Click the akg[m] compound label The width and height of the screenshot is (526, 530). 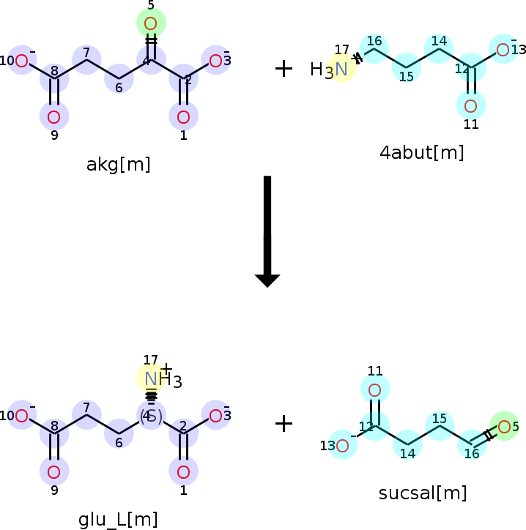click(118, 164)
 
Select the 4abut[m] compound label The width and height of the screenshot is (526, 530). click(421, 153)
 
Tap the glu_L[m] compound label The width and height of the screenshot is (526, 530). click(118, 520)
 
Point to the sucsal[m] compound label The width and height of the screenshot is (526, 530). click(423, 493)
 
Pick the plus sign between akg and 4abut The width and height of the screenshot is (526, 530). click(284, 69)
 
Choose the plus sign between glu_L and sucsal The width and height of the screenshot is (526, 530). click(284, 423)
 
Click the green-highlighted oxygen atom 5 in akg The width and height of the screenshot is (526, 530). click(151, 23)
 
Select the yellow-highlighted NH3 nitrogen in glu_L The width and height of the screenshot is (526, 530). click(151, 378)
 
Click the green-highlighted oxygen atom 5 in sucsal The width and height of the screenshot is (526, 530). click(504, 426)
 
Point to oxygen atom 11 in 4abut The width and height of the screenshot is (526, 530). click(470, 103)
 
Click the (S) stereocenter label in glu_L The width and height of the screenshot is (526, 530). click(151, 416)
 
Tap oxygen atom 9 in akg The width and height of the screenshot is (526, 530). click(53, 116)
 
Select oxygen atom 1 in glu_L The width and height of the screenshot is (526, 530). click(183, 471)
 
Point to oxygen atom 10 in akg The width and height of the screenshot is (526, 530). click(21, 61)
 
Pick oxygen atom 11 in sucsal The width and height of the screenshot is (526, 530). click(374, 389)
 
